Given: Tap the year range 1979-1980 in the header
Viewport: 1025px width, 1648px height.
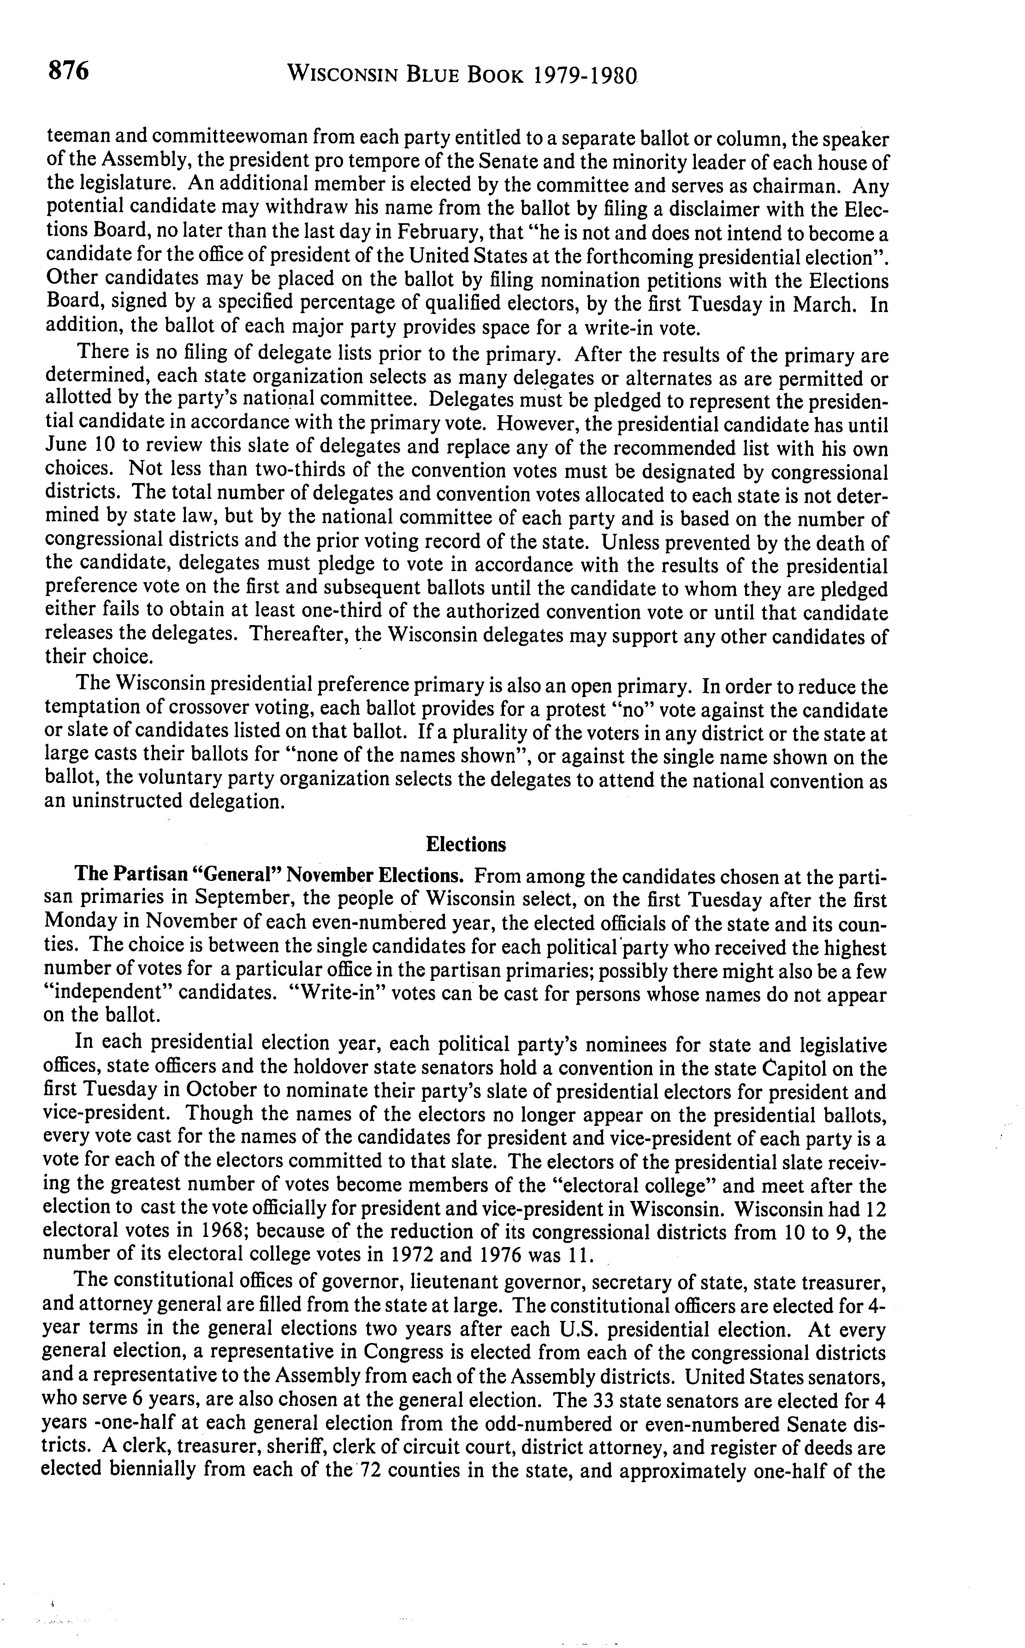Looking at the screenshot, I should click(586, 73).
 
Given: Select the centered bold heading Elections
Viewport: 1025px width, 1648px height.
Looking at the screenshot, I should click(466, 844).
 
